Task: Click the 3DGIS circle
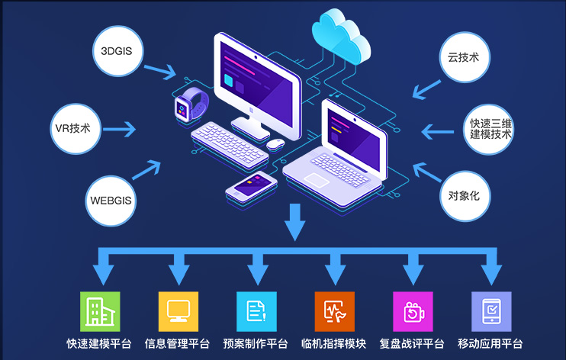pyautogui.click(x=117, y=50)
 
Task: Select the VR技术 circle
pyautogui.click(x=72, y=127)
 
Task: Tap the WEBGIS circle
pyautogui.click(x=111, y=201)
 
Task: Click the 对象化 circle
pyautogui.click(x=465, y=194)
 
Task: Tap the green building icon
pyautogui.click(x=100, y=311)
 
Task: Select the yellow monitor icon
pyautogui.click(x=178, y=311)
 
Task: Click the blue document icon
pyautogui.click(x=256, y=311)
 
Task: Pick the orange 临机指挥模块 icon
pyautogui.click(x=334, y=311)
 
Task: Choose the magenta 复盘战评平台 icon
pyautogui.click(x=413, y=311)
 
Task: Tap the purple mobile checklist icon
pyautogui.click(x=491, y=311)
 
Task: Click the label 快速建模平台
pyautogui.click(x=99, y=343)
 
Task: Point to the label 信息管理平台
pyautogui.click(x=177, y=343)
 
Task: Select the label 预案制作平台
pyautogui.click(x=256, y=343)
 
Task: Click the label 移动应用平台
pyautogui.click(x=490, y=343)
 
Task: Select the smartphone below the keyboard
pyautogui.click(x=252, y=185)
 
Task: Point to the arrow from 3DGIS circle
pyautogui.click(x=159, y=70)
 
